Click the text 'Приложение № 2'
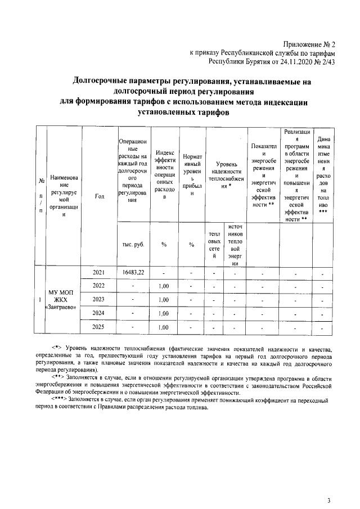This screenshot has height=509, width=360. tap(310, 44)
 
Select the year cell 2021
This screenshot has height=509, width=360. tap(98, 272)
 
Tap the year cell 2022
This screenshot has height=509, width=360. tap(98, 286)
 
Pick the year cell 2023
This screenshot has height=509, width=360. tap(98, 299)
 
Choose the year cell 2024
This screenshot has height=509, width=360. tap(98, 313)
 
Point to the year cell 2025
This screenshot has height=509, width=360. tap(98, 326)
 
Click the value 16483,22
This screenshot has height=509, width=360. tap(133, 272)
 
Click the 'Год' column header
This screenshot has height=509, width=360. tap(99, 196)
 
